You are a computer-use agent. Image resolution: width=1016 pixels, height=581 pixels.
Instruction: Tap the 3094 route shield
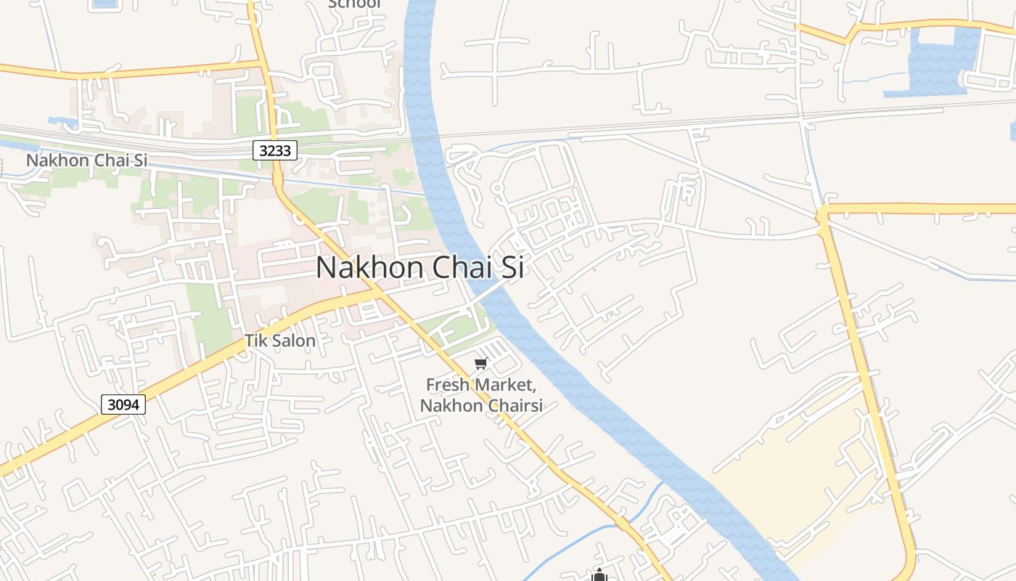pyautogui.click(x=123, y=405)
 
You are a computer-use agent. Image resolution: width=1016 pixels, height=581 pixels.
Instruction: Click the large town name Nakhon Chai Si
pyautogui.click(x=420, y=267)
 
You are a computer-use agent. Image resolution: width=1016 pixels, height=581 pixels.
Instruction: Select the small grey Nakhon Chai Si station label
pyautogui.click(x=86, y=160)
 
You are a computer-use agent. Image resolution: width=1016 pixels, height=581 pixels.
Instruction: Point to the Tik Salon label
pyautogui.click(x=279, y=341)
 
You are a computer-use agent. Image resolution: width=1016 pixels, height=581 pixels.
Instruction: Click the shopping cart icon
pyautogui.click(x=480, y=363)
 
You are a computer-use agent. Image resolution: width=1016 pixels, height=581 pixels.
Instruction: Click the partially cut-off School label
pyautogui.click(x=353, y=4)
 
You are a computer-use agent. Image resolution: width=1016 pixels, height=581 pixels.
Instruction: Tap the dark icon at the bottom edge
pyautogui.click(x=599, y=576)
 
